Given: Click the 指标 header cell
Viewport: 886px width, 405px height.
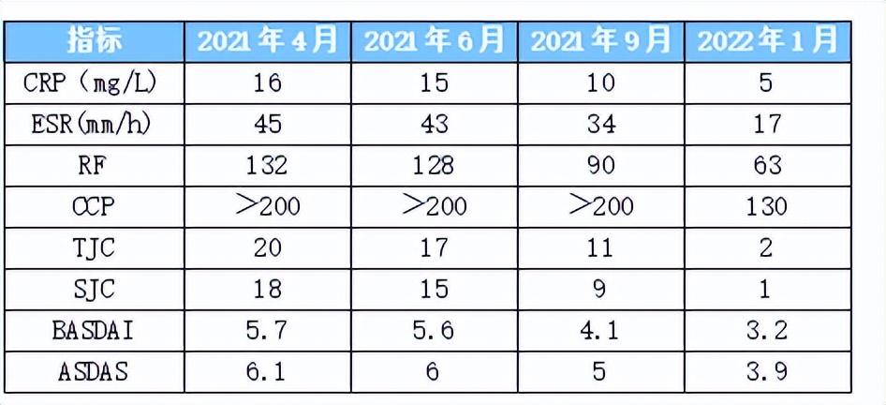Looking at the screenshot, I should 94,40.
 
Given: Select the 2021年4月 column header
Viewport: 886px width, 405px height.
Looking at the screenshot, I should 266,40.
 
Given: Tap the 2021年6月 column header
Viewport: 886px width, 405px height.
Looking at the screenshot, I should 434,40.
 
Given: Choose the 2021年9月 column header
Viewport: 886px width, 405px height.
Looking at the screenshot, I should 601,40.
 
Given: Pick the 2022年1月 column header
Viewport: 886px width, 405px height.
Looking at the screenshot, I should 767,40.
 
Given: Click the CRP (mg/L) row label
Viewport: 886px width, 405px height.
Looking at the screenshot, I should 94,82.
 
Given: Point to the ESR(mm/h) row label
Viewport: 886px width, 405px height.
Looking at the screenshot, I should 94,124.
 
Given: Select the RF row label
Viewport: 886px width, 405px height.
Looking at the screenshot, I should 94,165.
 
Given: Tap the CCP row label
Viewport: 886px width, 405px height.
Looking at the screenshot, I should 94,206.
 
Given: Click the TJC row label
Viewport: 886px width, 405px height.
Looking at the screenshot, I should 94,247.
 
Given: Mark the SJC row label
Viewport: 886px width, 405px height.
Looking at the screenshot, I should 94,289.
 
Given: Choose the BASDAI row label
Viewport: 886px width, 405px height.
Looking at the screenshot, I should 94,330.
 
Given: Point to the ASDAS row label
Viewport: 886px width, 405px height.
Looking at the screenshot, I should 94,371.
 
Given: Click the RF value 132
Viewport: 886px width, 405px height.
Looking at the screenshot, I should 266,165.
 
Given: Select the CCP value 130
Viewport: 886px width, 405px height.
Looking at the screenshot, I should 767,206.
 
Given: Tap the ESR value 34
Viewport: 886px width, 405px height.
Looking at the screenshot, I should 601,124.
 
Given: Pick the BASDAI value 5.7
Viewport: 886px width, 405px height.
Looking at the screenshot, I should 266,330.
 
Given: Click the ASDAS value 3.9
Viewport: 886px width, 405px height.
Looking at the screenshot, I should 767,371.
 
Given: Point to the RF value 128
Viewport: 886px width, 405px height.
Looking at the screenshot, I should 434,165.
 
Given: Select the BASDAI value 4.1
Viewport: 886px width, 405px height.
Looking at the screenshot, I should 601,330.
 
